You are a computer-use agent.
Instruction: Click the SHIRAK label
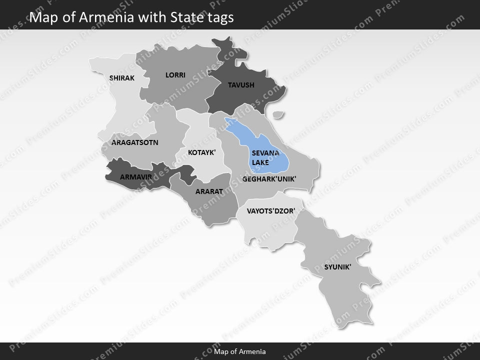tap(122, 78)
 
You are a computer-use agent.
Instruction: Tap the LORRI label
tap(175, 75)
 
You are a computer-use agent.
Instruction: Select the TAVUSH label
tap(241, 85)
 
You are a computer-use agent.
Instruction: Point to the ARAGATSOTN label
tap(135, 142)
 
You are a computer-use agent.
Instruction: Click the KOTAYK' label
tap(201, 152)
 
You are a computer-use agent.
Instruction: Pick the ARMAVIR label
tap(136, 176)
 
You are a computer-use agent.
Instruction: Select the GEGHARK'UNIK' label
tap(269, 178)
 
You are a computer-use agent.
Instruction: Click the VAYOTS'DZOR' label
tap(271, 211)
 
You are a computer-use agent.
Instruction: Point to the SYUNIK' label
tap(337, 267)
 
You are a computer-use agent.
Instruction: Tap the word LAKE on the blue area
tap(260, 162)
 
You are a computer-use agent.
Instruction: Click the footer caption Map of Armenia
tap(240, 351)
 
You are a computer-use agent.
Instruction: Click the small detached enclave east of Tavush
tap(278, 115)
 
